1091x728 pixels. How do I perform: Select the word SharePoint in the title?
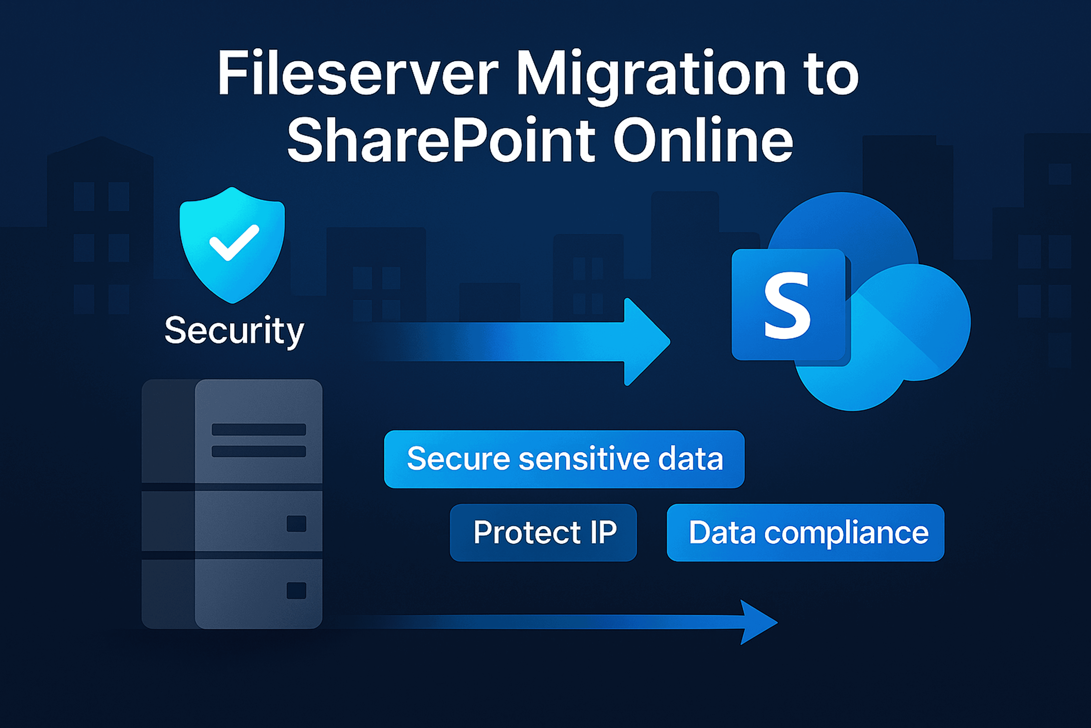point(441,140)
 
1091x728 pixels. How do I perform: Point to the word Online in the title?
point(703,140)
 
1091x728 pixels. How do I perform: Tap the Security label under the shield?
point(234,331)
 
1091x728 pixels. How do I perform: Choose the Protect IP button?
point(543,533)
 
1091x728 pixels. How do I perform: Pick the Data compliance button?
point(805,533)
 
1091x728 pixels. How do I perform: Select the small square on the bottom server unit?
point(296,591)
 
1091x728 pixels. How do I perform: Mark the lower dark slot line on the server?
point(259,451)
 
